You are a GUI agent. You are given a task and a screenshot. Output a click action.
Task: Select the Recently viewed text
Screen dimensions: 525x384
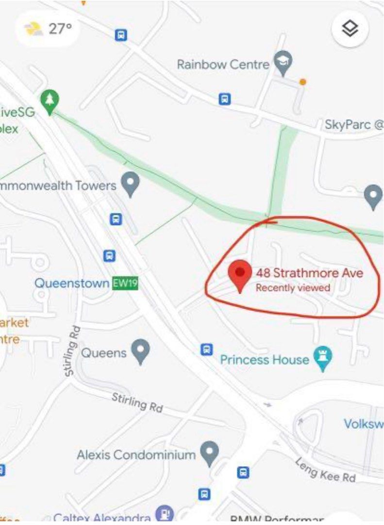coord(293,288)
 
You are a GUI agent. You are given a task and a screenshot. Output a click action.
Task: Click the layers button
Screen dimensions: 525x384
coord(350,29)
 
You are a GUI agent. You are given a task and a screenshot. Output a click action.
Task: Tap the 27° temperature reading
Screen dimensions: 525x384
coord(60,29)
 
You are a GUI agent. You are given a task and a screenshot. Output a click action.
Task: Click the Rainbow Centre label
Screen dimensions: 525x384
coord(223,64)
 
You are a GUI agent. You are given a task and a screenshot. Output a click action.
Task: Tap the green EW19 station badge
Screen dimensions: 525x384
coord(125,283)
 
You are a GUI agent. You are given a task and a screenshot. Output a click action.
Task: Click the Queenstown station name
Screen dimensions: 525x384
coord(72,283)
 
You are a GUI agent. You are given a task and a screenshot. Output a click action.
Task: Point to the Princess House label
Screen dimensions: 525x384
coord(265,360)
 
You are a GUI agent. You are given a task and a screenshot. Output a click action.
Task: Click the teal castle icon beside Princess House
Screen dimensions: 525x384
coord(323,359)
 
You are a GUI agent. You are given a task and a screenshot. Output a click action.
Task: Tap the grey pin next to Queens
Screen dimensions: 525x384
coord(141,351)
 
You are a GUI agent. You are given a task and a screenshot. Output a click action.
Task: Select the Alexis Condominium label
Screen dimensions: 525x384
coord(136,455)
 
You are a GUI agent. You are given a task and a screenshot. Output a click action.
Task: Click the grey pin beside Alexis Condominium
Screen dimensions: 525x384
coord(209,453)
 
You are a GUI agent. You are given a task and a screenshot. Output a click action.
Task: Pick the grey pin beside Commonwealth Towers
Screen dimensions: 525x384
coord(130,184)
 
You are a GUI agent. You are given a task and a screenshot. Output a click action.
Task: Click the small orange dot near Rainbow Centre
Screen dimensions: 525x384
coord(303,82)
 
